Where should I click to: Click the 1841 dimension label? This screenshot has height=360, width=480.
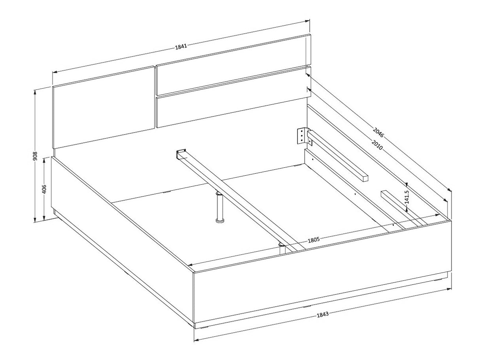point(181,46)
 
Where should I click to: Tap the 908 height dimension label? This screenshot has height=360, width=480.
point(35,156)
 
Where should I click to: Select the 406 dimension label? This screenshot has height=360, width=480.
point(44,189)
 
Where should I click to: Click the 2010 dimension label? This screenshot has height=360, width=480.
point(377,145)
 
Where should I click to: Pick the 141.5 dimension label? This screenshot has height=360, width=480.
point(407,197)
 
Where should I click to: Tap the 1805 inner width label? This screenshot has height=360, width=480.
point(314,240)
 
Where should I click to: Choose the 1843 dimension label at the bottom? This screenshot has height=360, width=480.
point(323,314)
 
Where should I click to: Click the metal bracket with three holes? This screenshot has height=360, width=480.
point(302,136)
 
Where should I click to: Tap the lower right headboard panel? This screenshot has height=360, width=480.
point(233,97)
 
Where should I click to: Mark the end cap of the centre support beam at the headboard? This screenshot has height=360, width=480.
point(181,154)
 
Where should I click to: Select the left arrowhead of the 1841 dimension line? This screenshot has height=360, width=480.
point(55,72)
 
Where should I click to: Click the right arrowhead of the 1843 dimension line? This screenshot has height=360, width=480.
point(449,289)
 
